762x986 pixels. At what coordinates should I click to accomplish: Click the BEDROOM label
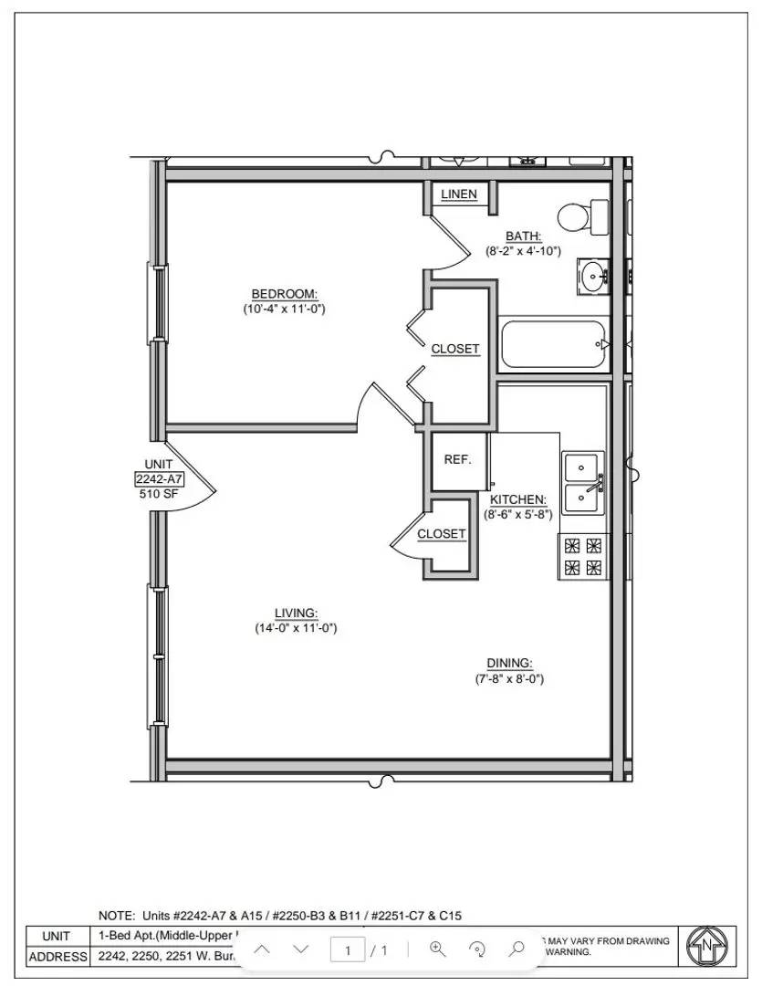[x=284, y=293]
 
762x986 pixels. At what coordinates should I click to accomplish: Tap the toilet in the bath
[x=580, y=217]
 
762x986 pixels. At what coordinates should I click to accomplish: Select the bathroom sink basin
[x=594, y=274]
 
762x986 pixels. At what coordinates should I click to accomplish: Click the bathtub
[x=555, y=344]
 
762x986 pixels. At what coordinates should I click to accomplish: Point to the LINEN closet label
[x=459, y=194]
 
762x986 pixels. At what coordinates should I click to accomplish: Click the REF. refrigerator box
[x=458, y=459]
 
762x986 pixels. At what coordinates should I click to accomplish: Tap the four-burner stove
[x=582, y=557]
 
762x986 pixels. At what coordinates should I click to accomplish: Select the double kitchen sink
[x=583, y=482]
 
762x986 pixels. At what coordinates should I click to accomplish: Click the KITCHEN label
[x=517, y=499]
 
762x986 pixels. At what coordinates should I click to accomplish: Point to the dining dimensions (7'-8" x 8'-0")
[x=509, y=679]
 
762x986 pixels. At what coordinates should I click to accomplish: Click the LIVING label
[x=296, y=613]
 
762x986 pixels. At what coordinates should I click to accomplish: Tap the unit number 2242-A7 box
[x=158, y=479]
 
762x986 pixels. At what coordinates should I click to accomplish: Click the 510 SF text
[x=158, y=494]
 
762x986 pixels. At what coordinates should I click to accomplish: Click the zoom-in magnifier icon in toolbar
[x=437, y=949]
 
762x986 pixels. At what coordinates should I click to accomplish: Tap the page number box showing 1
[x=348, y=950]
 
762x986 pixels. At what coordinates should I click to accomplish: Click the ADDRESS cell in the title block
[x=57, y=957]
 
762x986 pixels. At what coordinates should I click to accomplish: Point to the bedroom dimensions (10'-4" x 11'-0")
[x=284, y=309]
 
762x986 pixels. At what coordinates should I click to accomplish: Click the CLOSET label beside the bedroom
[x=454, y=349]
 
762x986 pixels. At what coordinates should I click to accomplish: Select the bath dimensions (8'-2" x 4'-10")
[x=523, y=250]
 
